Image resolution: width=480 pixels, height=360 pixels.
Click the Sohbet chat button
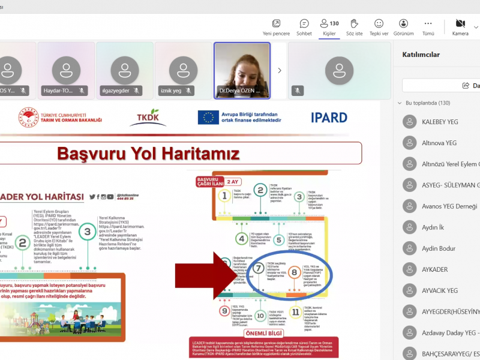(304, 27)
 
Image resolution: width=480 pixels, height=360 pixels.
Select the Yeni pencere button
(276, 27)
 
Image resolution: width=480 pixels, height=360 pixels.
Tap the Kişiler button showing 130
(329, 27)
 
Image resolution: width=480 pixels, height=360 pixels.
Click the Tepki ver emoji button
(379, 27)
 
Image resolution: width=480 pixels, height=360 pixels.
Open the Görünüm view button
(403, 27)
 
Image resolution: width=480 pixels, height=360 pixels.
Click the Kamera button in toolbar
(460, 27)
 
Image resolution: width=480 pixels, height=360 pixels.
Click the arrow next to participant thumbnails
(279, 70)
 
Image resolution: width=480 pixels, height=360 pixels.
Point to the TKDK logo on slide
(148, 117)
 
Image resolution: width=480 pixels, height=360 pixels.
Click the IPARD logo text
(329, 118)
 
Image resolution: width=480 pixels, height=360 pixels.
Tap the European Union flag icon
(208, 117)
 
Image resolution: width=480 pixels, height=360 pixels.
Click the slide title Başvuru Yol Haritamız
(148, 154)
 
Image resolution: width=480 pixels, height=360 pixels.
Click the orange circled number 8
(294, 272)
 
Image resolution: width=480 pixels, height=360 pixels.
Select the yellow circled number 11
(295, 312)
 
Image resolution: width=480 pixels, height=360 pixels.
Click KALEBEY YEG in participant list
(439, 122)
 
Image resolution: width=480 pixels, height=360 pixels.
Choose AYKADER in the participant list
(434, 269)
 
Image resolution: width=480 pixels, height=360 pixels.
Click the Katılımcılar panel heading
(421, 55)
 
